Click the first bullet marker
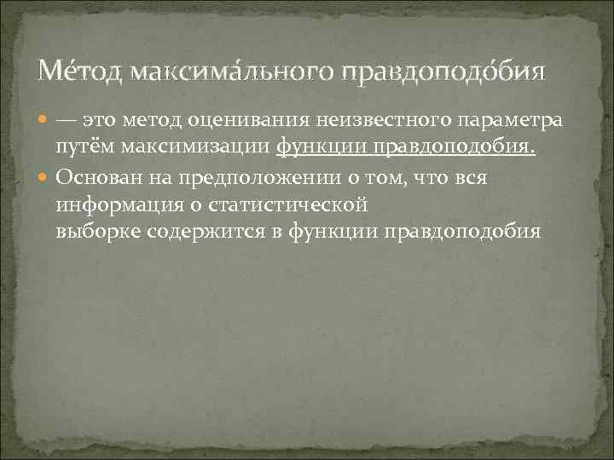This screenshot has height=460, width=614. coord(43,122)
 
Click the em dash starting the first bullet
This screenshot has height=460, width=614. coord(68,121)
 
